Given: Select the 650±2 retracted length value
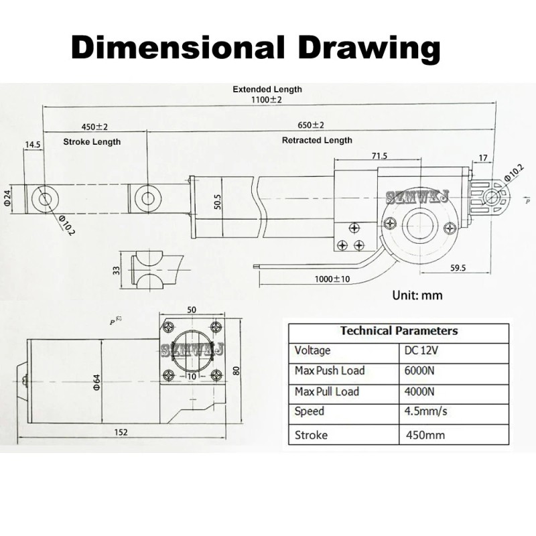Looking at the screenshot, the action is [311, 125].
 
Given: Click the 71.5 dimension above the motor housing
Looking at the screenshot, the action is [379, 155].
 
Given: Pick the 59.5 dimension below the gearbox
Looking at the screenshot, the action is [458, 267].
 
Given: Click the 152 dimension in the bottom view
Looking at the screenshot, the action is [120, 432].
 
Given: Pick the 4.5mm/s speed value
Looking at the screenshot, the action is [425, 411].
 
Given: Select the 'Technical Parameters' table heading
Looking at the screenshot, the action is [399, 330].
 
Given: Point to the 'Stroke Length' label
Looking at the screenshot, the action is [92, 142].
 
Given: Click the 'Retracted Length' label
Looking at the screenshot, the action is [317, 141].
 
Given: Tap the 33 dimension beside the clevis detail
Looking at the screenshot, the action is [116, 270].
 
